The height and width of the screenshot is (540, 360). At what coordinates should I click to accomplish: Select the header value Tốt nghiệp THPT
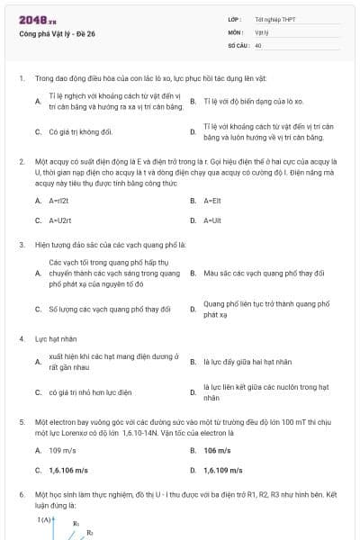(x=274, y=19)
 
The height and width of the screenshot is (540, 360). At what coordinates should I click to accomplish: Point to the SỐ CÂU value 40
(x=258, y=44)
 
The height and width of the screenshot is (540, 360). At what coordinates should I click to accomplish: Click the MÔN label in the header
(x=236, y=31)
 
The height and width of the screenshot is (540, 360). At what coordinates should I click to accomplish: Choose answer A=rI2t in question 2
(x=59, y=200)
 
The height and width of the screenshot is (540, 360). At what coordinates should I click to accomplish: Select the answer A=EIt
(x=213, y=200)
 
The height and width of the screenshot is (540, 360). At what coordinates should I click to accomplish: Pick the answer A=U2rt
(x=59, y=220)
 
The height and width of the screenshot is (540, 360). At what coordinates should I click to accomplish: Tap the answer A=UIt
(x=213, y=220)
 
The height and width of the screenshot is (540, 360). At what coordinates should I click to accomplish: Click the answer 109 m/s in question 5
(x=62, y=450)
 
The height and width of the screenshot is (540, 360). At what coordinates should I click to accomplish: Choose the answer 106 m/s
(x=217, y=450)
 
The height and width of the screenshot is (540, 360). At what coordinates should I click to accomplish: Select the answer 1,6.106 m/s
(x=68, y=470)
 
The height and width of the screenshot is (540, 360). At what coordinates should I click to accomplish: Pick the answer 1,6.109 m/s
(x=222, y=470)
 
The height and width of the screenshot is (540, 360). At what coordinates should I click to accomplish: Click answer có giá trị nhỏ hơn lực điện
(x=90, y=392)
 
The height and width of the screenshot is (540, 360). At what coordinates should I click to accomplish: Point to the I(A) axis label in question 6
(x=45, y=519)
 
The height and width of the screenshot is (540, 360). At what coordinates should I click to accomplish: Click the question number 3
(x=22, y=244)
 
